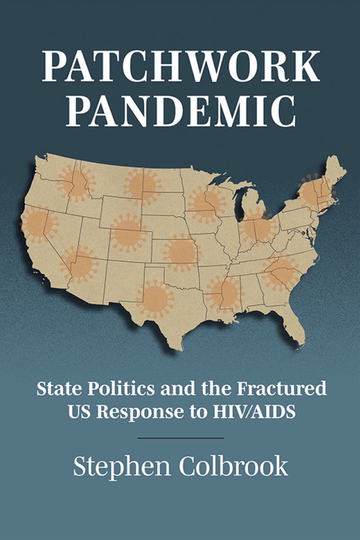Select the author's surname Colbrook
coord(233,466)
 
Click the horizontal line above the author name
coord(180,437)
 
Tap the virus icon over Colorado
coord(128,233)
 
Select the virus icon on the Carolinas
coord(281,273)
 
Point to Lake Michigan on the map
coord(243,203)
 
